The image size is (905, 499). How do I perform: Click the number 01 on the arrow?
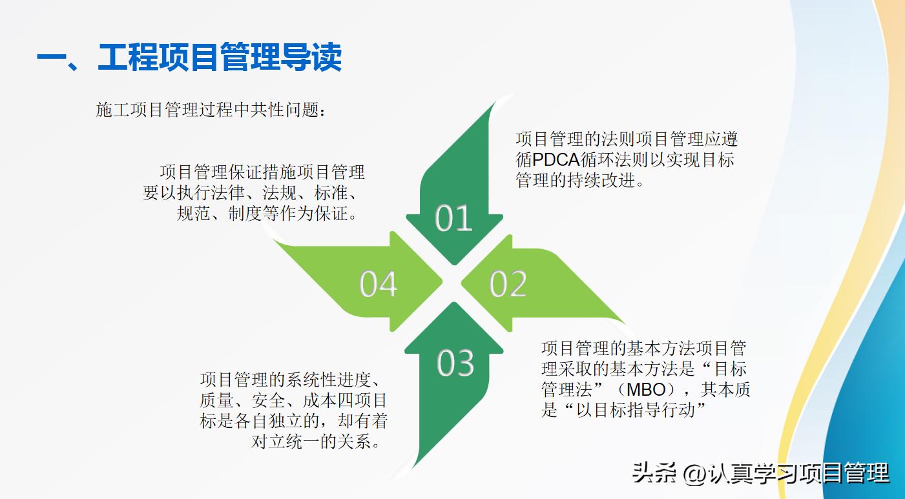(453, 218)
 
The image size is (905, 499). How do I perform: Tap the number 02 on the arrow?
(508, 284)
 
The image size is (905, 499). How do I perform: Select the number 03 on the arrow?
(455, 363)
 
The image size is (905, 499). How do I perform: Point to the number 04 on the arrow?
(379, 284)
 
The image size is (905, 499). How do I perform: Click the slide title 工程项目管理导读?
(220, 57)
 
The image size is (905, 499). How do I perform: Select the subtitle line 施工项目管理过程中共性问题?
(211, 110)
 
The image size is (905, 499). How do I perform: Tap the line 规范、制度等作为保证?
(267, 214)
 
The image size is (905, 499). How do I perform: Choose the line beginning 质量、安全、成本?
(293, 400)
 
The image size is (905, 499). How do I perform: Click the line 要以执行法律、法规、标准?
(253, 193)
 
